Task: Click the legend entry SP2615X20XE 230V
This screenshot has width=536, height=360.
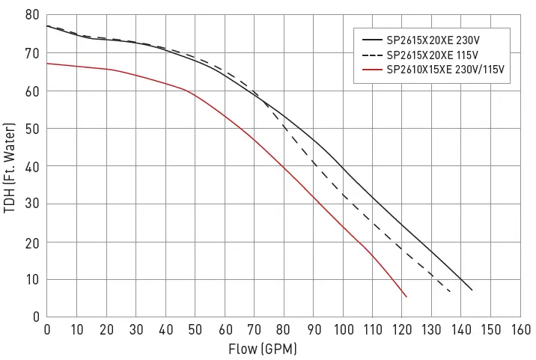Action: [x=432, y=40]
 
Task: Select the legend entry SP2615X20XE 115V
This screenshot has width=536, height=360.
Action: [x=432, y=55]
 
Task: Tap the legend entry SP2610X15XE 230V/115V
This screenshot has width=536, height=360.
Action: [x=445, y=70]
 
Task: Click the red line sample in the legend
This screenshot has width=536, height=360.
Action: [x=372, y=70]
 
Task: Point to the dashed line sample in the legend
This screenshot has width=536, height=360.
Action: [x=372, y=55]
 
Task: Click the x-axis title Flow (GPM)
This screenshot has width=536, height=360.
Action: [x=263, y=349]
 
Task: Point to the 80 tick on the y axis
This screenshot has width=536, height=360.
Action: [x=32, y=16]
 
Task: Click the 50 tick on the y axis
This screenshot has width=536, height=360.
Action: [x=32, y=129]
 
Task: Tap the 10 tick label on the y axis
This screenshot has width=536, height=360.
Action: [x=32, y=279]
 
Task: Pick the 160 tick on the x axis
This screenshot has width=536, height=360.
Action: [x=521, y=329]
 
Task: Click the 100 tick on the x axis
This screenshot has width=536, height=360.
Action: [x=344, y=329]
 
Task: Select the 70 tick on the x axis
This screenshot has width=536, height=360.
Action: [x=255, y=329]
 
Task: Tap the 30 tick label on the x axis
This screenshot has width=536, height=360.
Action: [x=136, y=329]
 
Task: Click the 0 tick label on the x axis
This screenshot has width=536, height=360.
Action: [x=47, y=329]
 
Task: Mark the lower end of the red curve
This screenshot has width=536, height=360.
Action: [x=406, y=297]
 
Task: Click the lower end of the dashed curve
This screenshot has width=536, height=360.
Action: [x=450, y=292]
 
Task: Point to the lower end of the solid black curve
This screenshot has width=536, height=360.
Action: [x=472, y=290]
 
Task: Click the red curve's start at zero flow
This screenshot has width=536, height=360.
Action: [x=47, y=63]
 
